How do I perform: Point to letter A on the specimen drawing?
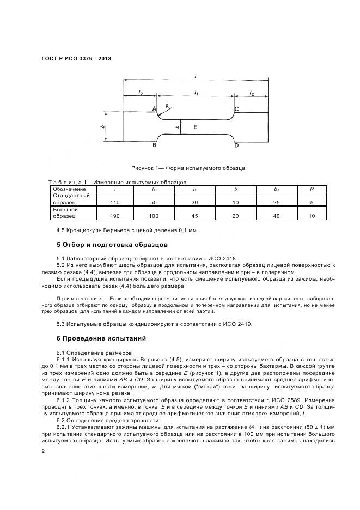pos(154,110)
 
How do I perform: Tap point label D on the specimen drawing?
pos(236,146)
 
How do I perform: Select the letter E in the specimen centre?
pos(196,127)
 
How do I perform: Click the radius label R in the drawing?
pos(167,107)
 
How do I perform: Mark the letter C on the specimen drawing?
pos(236,110)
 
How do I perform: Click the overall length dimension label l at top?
pos(196,77)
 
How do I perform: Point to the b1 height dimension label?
pos(102,126)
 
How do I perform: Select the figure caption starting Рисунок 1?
pos(188,168)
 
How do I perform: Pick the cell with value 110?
pos(114,202)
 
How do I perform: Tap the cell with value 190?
pos(114,216)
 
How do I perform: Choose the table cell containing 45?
pos(195,216)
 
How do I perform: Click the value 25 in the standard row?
pos(276,202)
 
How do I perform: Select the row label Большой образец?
pos(65,212)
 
